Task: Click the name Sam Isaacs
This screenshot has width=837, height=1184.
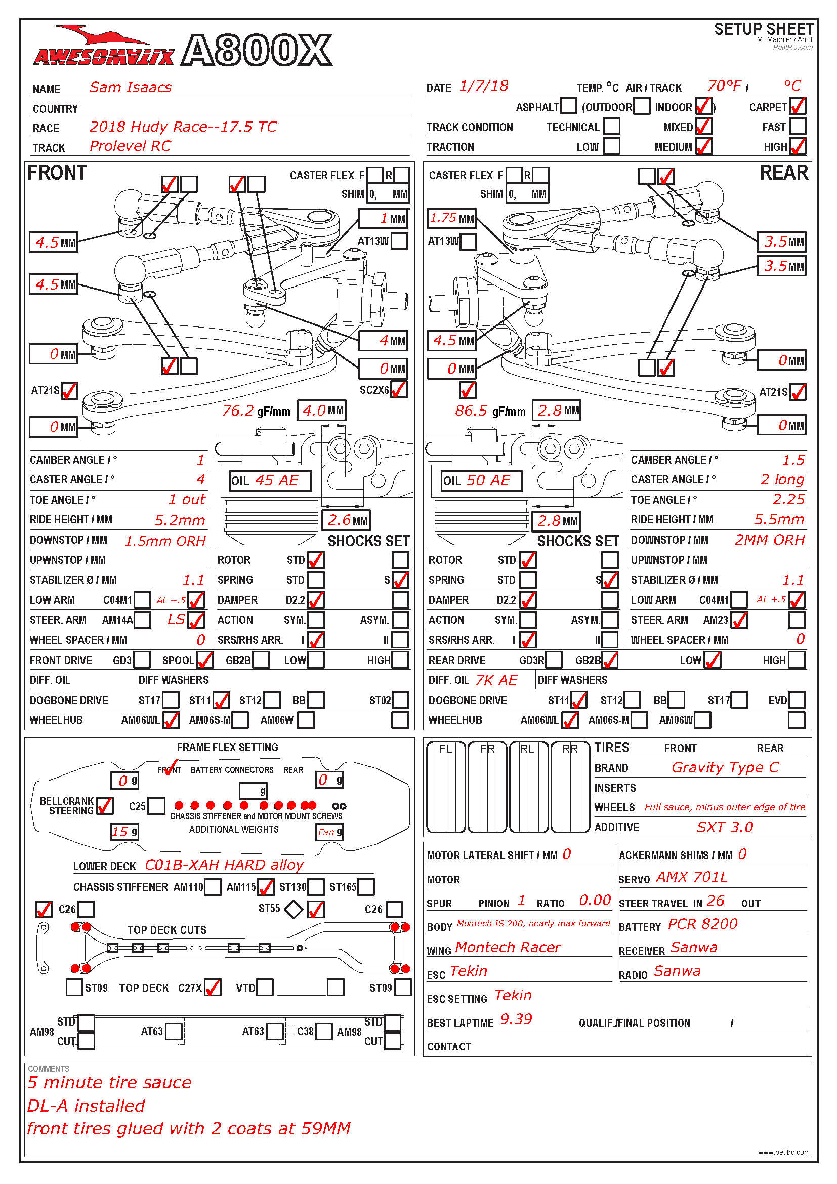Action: tap(131, 87)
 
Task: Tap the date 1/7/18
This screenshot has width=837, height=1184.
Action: tap(483, 86)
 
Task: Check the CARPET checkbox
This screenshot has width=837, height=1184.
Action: tap(798, 106)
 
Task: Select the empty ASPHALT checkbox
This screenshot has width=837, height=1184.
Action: tap(568, 106)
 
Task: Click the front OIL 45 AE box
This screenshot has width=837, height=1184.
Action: tap(270, 480)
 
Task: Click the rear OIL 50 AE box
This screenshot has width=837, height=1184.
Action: tap(481, 480)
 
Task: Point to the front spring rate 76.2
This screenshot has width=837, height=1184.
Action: tap(238, 411)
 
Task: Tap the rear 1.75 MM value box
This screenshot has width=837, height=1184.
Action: tap(451, 218)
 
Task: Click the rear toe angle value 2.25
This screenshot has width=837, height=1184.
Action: tap(788, 499)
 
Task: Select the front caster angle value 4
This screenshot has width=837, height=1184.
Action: tap(200, 479)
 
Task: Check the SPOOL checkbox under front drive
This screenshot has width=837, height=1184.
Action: tap(204, 660)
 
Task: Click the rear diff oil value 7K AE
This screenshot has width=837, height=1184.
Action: tap(496, 680)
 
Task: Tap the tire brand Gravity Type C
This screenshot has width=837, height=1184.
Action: tap(725, 768)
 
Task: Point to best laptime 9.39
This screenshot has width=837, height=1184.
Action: tap(516, 1019)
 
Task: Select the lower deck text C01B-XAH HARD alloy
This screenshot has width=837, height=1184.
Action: tap(224, 865)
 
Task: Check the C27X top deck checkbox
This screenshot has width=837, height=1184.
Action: tap(213, 988)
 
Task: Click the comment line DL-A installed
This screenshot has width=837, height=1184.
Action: tap(86, 1106)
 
